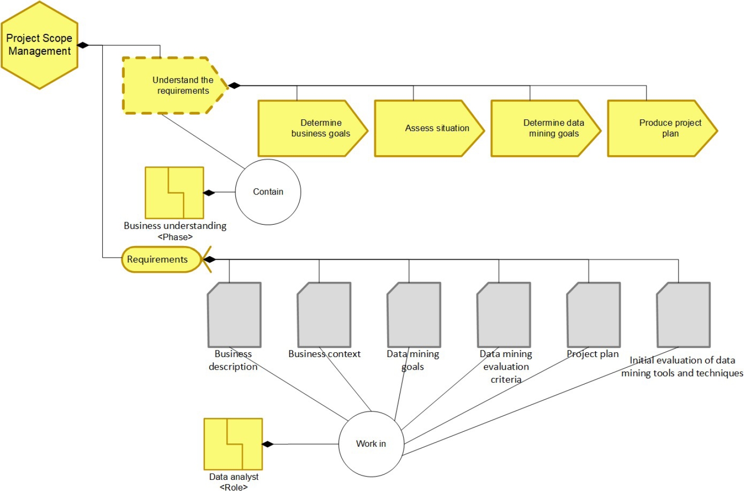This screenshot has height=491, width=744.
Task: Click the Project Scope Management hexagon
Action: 39,45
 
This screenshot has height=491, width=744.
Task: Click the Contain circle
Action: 268,192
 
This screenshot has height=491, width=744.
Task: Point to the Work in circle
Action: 371,444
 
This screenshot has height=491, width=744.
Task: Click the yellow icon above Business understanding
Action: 174,193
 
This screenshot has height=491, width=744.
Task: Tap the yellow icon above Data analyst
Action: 233,444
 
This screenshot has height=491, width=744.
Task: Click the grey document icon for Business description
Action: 234,315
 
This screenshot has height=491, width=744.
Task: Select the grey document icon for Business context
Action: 324,315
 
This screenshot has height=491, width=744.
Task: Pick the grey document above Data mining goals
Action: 413,315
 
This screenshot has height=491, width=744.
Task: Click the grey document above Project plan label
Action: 593,315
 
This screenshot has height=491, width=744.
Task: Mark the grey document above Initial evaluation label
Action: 683,315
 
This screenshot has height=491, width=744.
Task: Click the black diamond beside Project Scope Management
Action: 83,45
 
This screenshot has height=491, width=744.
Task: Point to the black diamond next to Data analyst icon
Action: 267,444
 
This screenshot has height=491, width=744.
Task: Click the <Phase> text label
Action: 175,237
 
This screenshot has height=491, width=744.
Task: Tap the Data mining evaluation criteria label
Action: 506,367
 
